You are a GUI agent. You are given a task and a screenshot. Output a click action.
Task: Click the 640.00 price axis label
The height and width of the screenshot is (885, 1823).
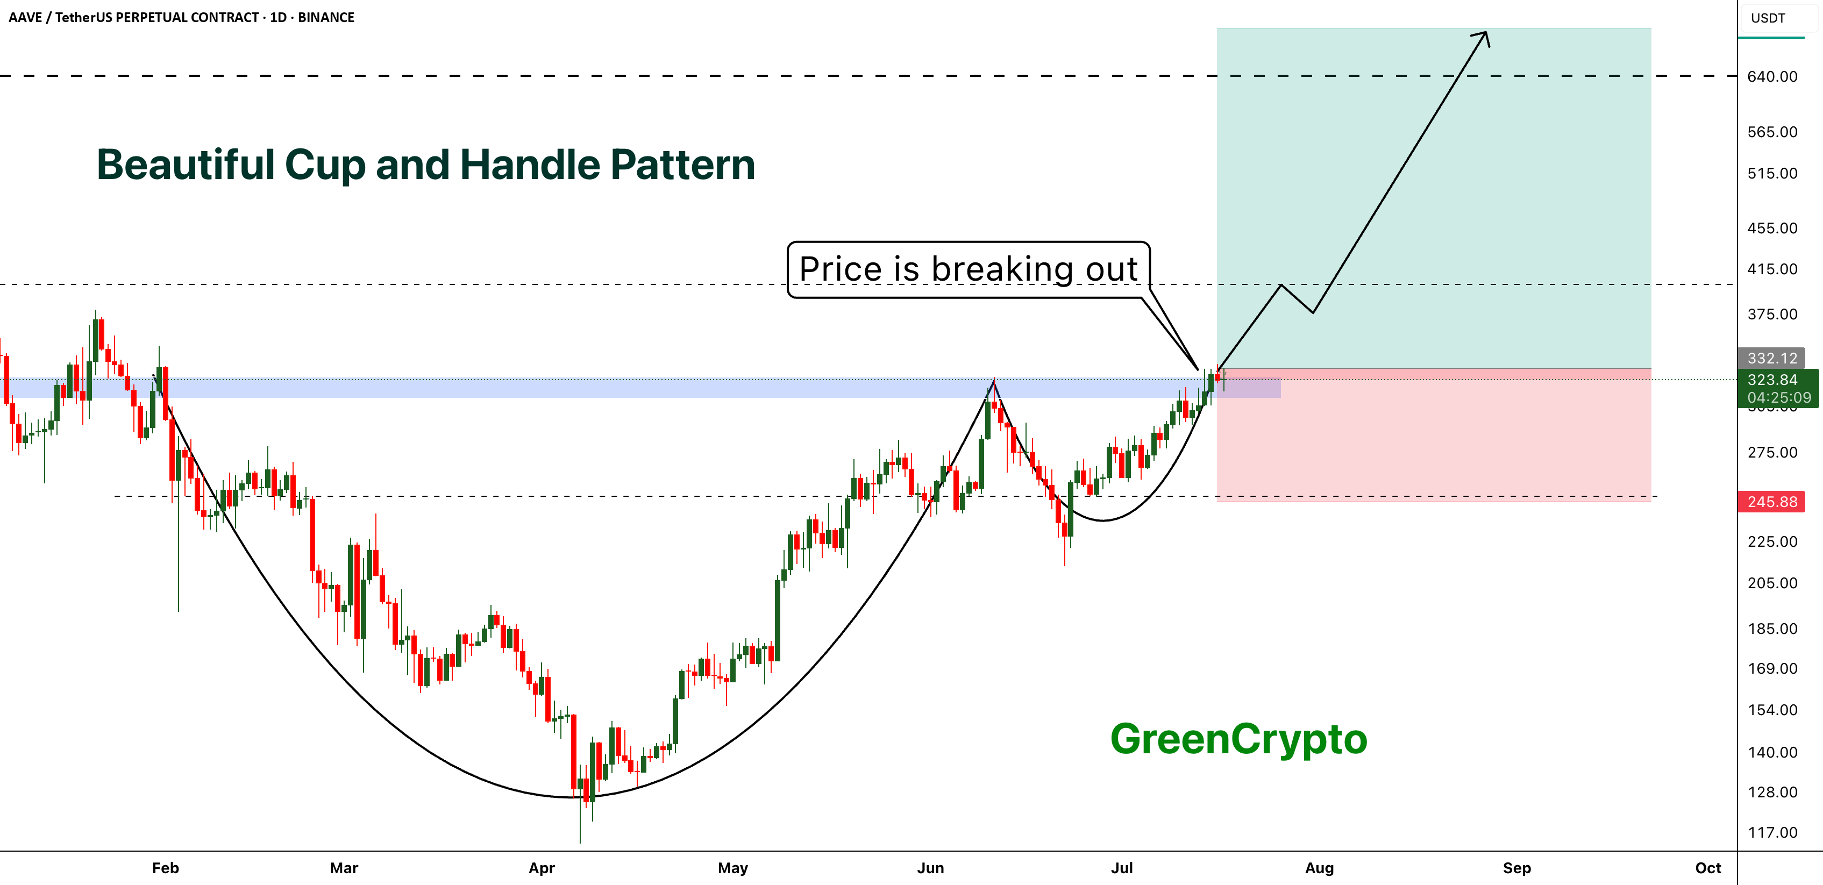tap(1772, 76)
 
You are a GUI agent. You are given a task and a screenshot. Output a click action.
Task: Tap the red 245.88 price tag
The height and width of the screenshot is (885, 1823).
tap(1772, 502)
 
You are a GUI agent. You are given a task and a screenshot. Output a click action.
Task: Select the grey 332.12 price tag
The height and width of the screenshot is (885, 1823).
tap(1772, 358)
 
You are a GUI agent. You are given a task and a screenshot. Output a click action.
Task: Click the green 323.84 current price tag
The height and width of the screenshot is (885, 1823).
tap(1772, 380)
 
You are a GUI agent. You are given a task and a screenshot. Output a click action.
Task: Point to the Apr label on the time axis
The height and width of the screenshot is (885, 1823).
tap(542, 868)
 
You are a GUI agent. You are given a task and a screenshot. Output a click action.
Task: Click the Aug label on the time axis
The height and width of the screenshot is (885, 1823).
tap(1319, 868)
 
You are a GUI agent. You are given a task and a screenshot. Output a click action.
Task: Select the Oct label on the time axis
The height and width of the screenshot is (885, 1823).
tap(1707, 868)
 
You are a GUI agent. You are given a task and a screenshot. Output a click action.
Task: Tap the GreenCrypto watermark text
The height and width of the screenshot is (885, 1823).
tap(1238, 740)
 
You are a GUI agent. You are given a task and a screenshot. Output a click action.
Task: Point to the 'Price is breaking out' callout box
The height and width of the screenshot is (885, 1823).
tap(968, 269)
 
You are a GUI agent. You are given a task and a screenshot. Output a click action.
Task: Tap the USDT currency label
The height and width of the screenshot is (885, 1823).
tap(1768, 18)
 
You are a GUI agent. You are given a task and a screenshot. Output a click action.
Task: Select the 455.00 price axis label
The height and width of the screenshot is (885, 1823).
tap(1772, 228)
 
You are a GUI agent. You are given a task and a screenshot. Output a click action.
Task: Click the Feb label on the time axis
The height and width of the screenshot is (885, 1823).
tap(166, 868)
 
